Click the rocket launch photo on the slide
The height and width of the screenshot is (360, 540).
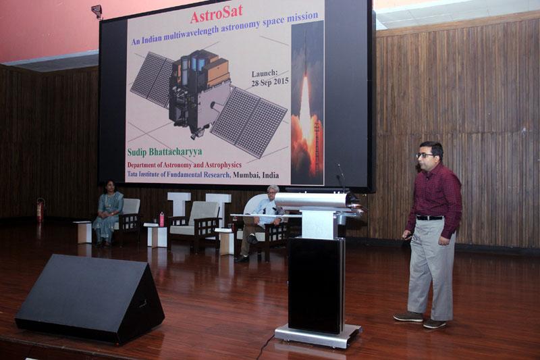click(x=307, y=101)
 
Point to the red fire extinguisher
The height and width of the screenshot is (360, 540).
click(x=40, y=211)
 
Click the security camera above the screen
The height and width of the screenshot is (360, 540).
click(x=97, y=11)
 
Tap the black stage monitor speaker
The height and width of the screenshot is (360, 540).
click(x=90, y=297)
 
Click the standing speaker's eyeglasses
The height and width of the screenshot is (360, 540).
click(x=425, y=155)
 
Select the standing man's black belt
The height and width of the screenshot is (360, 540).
click(x=430, y=217)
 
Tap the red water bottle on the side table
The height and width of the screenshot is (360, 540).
click(x=161, y=219)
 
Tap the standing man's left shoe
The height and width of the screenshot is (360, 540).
click(x=435, y=324)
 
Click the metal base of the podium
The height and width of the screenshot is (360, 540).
click(x=318, y=335)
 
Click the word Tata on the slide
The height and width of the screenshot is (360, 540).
click(x=136, y=175)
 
